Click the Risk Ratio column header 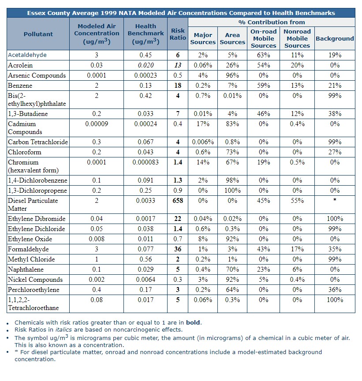tap(178, 34)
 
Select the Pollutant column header tap(38, 34)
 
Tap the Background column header tap(335, 38)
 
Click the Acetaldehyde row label tap(27, 55)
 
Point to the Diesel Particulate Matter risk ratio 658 tap(178, 201)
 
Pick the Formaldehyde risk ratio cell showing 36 tap(178, 249)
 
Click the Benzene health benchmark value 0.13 tap(146, 86)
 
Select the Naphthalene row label tap(26, 269)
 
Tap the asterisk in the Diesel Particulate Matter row tap(335, 200)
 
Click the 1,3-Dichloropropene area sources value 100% tap(232, 190)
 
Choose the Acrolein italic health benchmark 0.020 tap(146, 65)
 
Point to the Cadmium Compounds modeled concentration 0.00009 tap(97, 124)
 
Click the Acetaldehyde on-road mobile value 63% tap(263, 55)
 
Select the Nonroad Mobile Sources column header tap(297, 38)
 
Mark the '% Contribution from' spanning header tap(271, 22)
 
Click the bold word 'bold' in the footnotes tap(193, 322)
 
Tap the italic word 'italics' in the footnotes tap(63, 329)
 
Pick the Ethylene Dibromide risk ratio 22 tap(178, 219)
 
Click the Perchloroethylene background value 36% tap(335, 290)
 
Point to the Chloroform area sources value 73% tap(232, 152)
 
